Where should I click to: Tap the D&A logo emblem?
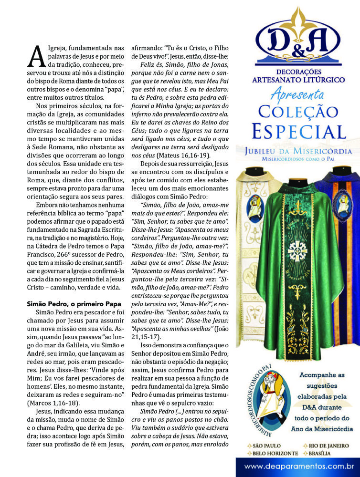(x=298, y=40)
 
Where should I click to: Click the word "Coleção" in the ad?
(x=298, y=112)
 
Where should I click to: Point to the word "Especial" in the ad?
(x=298, y=131)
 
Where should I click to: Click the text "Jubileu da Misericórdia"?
(x=298, y=151)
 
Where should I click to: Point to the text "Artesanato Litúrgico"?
(x=298, y=80)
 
